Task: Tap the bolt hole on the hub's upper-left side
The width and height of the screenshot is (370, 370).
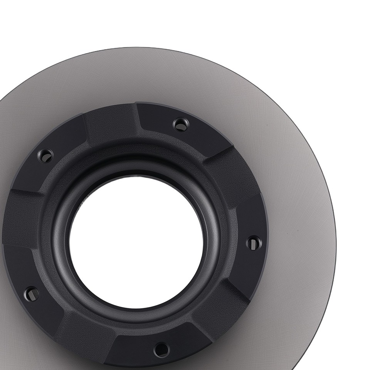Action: tap(46, 155)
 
